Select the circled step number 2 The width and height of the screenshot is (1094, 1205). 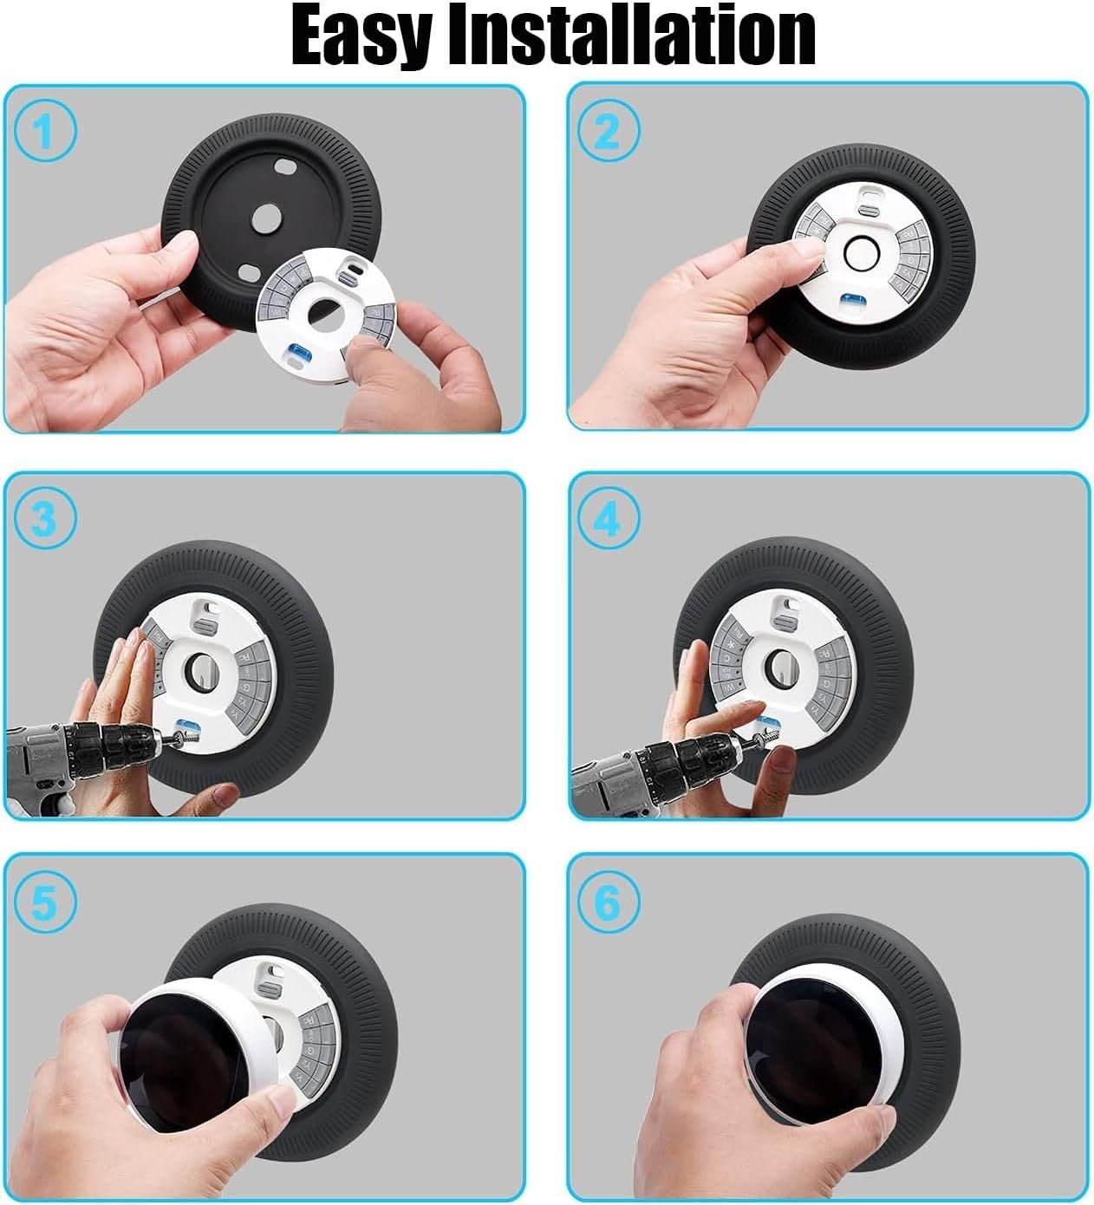point(608,131)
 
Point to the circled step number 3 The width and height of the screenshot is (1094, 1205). point(45,518)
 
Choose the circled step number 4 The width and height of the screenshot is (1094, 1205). point(608,518)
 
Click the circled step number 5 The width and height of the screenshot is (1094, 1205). point(45,901)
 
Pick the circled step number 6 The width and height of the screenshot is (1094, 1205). point(608,901)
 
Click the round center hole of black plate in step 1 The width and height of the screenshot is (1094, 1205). point(266,219)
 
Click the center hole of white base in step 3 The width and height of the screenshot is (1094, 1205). point(200,670)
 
